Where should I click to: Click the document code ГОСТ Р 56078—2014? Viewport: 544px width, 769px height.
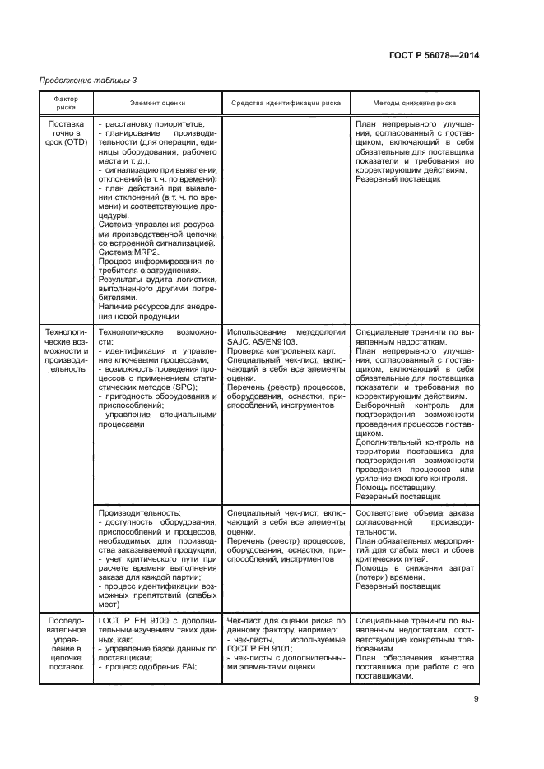tap(433, 55)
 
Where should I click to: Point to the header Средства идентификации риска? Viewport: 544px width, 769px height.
tap(286, 103)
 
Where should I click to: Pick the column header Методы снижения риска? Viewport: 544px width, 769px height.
tap(415, 103)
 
